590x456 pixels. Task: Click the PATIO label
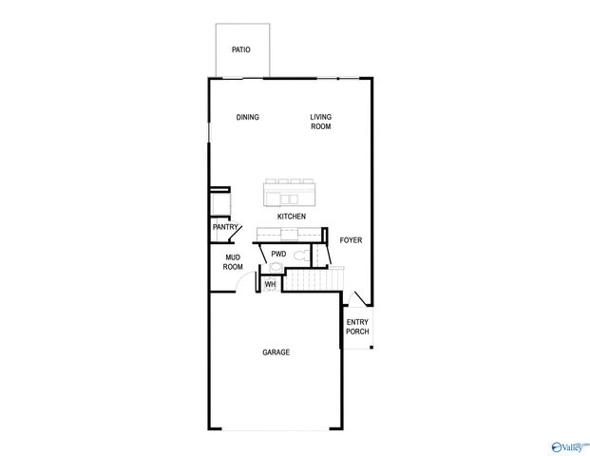click(241, 50)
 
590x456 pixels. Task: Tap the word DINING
click(248, 118)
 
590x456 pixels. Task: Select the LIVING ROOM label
click(320, 122)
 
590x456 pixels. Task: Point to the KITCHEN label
click(291, 218)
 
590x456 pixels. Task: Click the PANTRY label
click(225, 227)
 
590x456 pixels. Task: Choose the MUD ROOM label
click(233, 262)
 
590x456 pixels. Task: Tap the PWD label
click(278, 254)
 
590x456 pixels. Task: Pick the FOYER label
click(351, 240)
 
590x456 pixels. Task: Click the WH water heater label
click(270, 284)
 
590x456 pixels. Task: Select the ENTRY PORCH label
click(357, 327)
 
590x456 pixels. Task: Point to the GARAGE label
click(276, 352)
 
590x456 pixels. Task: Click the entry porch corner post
click(371, 347)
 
